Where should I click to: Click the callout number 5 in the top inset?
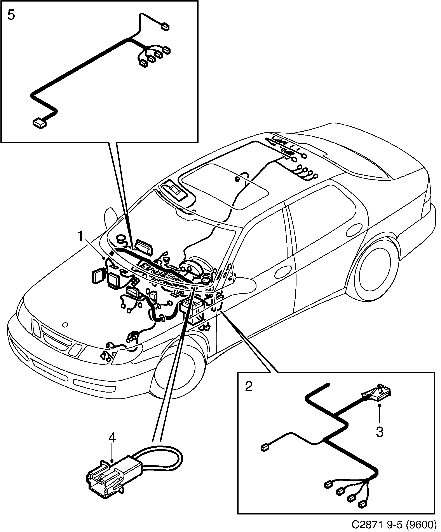[11, 16]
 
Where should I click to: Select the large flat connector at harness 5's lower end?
[40, 123]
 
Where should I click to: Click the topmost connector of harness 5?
[166, 27]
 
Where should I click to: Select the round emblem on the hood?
[65, 324]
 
